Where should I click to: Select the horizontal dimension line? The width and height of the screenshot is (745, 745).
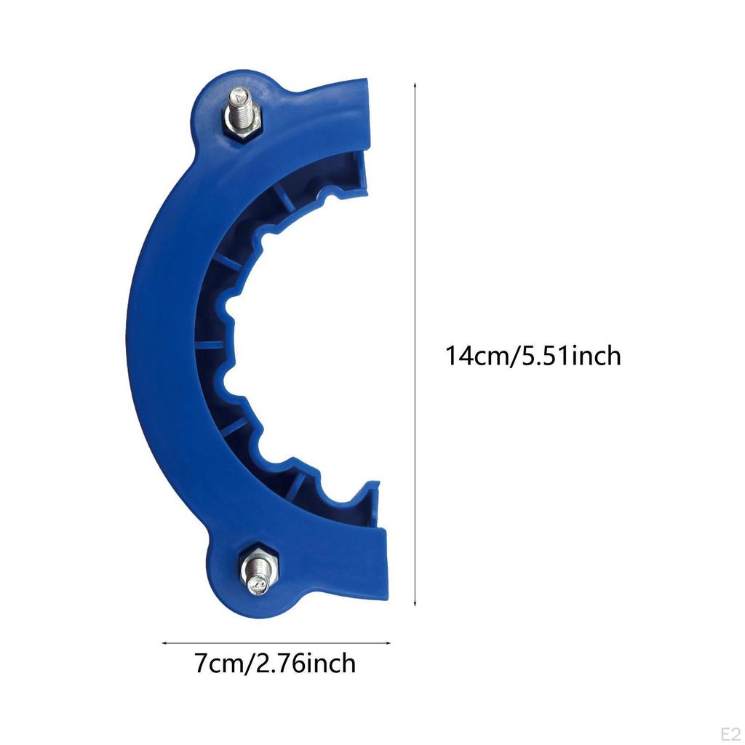tap(276, 642)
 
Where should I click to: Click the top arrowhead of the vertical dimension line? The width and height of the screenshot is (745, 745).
tap(415, 85)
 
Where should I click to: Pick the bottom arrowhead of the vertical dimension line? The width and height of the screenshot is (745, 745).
tap(415, 604)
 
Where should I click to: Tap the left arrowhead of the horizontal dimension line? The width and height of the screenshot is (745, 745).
tap(164, 642)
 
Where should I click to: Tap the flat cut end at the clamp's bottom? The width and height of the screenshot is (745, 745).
tap(382, 560)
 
